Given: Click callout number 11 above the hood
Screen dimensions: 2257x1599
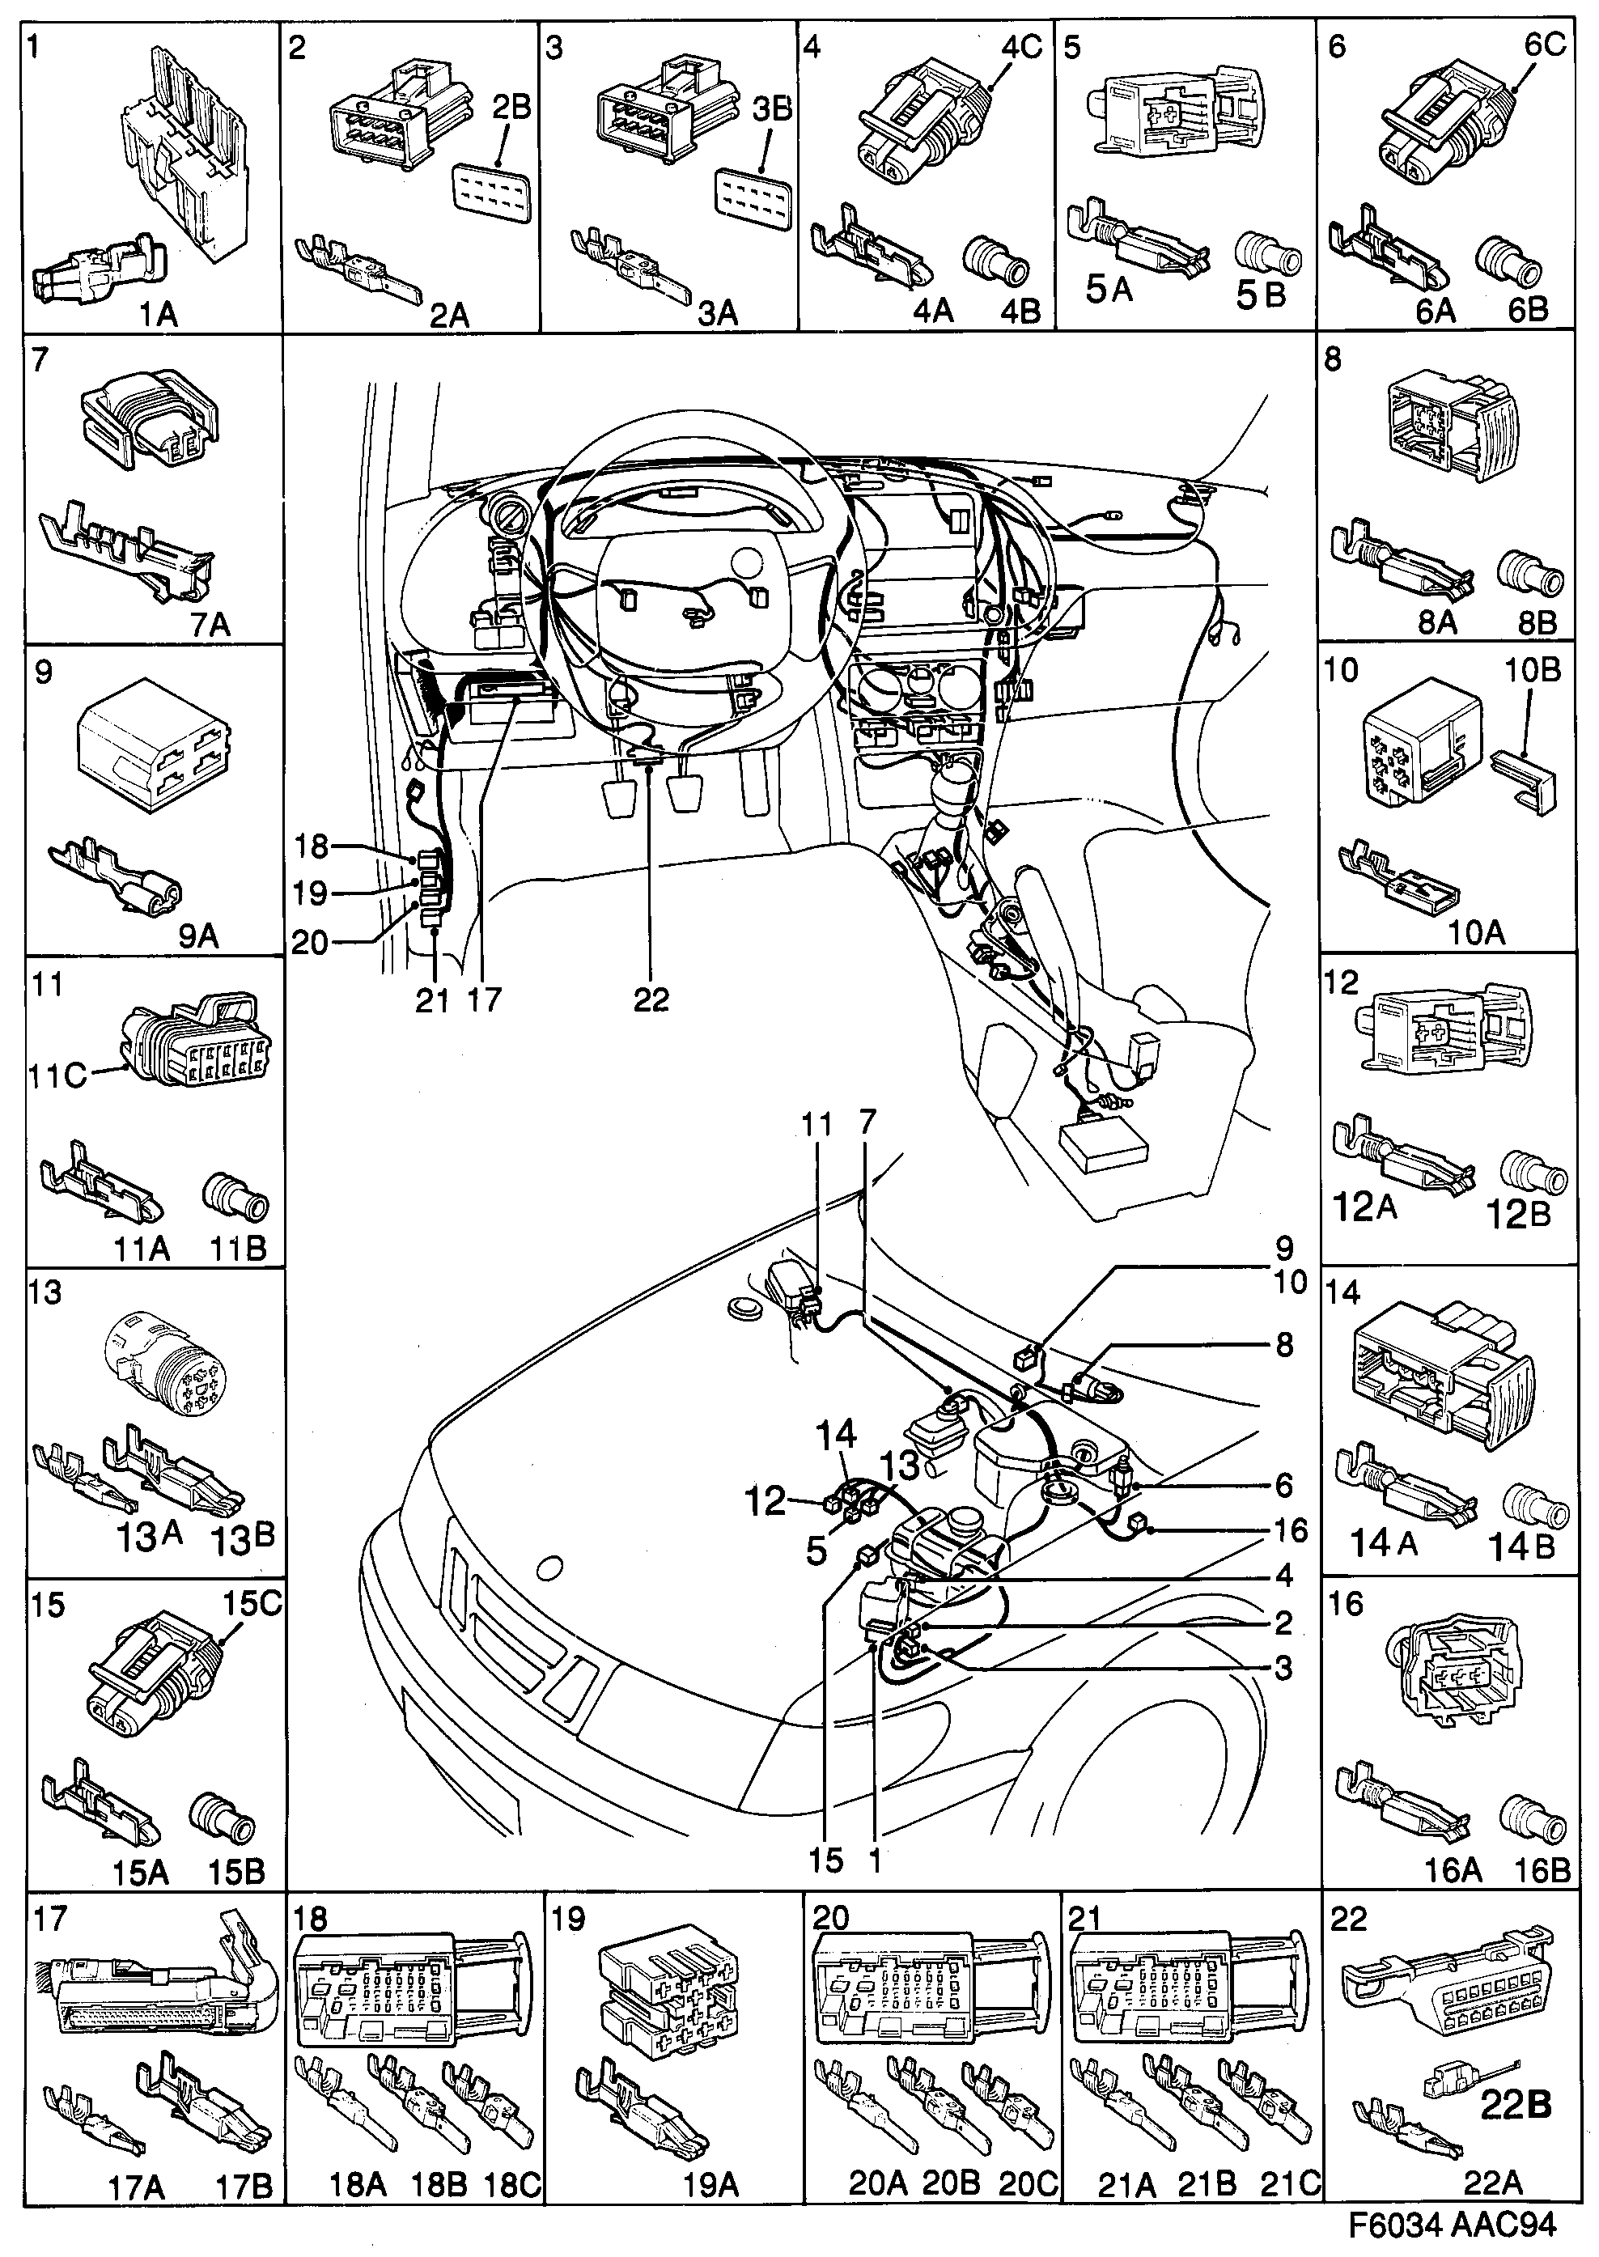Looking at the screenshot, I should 816,1123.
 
